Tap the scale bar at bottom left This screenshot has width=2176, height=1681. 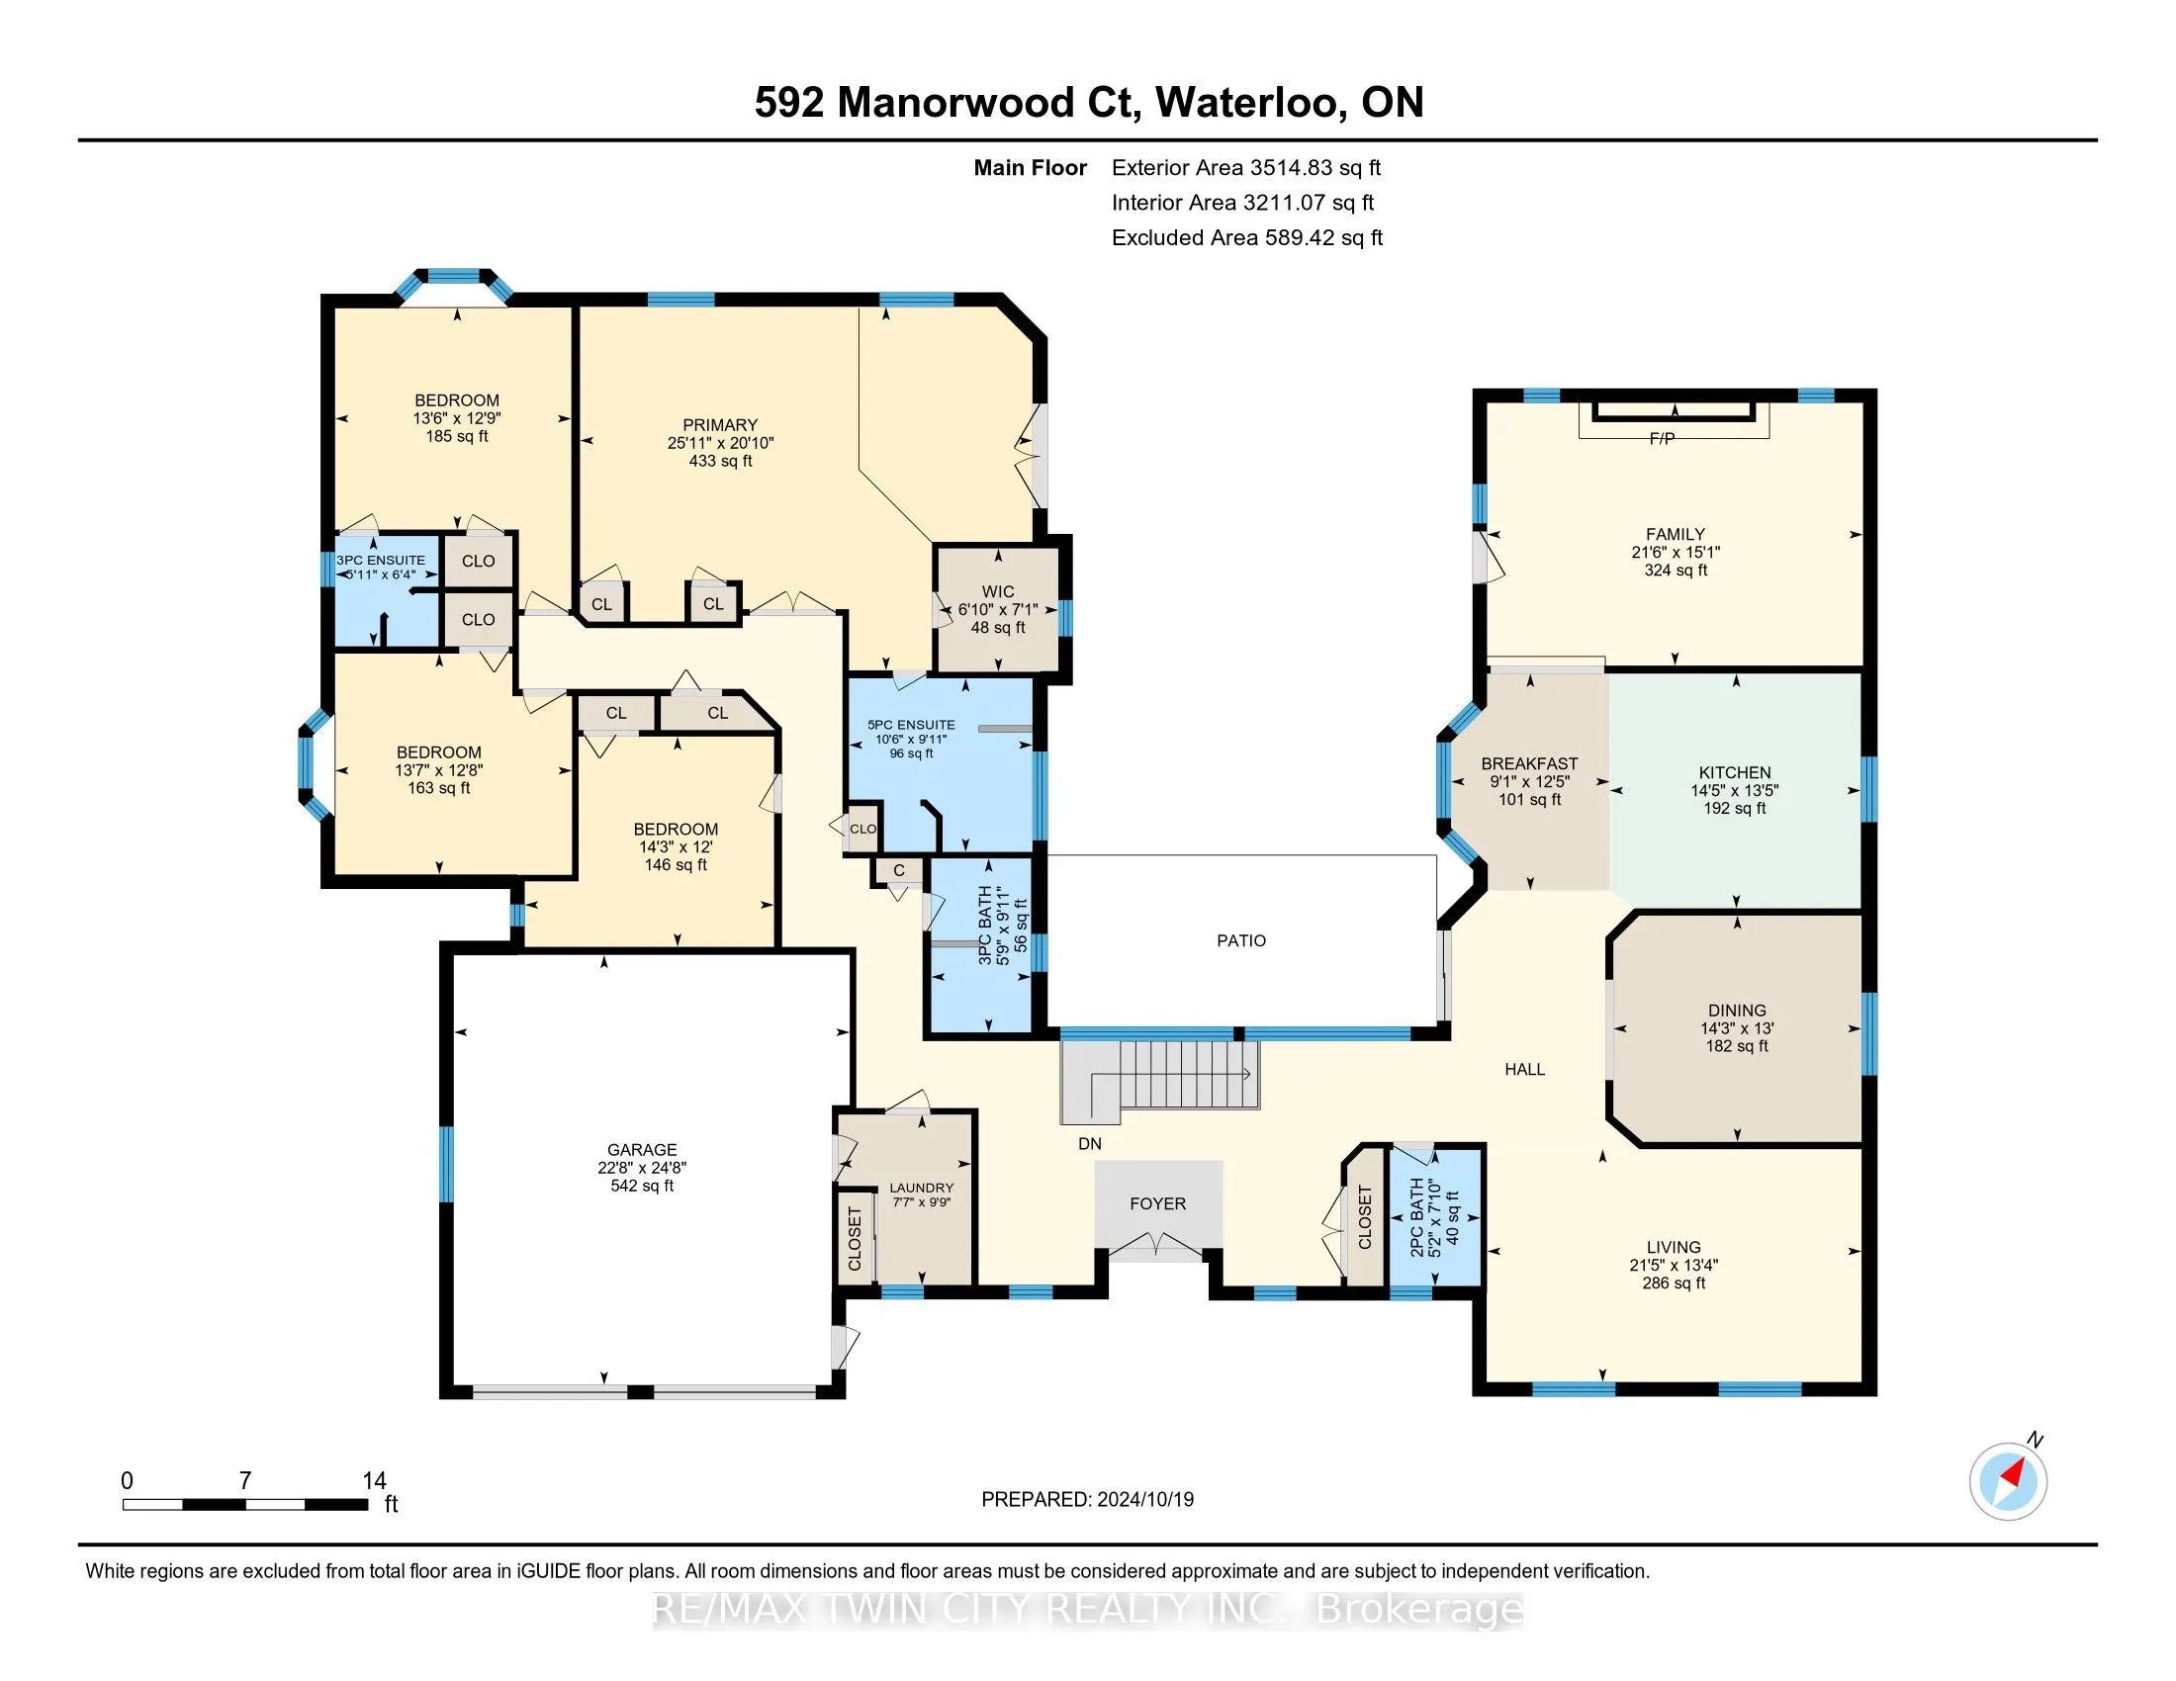pos(245,1505)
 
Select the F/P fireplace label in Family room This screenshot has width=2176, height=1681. pos(1662,438)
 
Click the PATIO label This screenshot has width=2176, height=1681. pos(1241,940)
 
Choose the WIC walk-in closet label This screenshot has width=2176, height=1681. pos(998,591)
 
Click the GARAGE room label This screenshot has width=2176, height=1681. pos(642,1149)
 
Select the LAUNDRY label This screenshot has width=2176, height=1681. pos(922,1187)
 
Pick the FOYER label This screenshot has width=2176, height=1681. pos(1158,1204)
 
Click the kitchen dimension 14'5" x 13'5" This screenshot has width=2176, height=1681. pos(1735,791)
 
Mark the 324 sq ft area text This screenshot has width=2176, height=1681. pos(1676,571)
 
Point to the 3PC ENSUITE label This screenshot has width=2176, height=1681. pos(381,561)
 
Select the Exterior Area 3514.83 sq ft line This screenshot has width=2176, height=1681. pos(1246,168)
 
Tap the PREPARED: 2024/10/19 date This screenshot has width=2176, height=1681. pos(1088,1500)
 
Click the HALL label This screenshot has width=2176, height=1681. pos(1524,1070)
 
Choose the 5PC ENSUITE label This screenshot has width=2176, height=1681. pos(911,725)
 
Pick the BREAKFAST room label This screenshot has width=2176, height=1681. pos(1529,763)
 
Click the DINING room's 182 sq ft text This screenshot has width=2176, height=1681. pos(1737,1046)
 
